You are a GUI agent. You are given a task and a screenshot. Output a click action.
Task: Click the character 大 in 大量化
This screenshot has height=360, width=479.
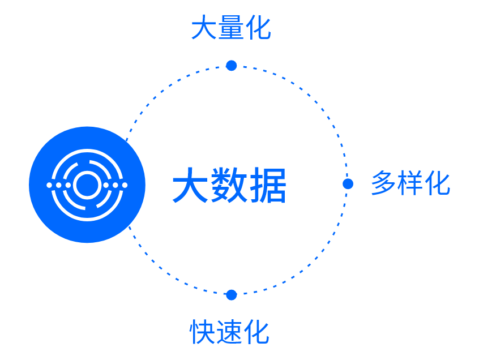point(203,28)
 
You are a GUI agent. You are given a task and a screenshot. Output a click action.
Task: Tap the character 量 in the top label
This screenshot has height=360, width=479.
point(230,28)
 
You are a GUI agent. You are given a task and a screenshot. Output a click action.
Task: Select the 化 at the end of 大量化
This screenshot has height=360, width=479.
point(258,28)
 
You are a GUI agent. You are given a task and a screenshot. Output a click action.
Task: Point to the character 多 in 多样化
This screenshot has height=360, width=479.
point(383,183)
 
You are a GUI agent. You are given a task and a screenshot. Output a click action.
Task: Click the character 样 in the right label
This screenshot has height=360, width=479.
point(410,183)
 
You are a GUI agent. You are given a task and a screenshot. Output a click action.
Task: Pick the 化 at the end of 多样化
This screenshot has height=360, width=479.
point(437,183)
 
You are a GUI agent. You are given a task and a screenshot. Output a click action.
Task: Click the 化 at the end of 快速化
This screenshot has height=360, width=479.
point(256,332)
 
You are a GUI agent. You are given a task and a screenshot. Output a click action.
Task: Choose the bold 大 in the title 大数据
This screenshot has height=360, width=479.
point(190,186)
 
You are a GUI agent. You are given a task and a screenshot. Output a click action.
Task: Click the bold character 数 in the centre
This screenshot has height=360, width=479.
point(229,186)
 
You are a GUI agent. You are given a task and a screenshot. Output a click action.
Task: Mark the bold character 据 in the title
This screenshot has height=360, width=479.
point(268,186)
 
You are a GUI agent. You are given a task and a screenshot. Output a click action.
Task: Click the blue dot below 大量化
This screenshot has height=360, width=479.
point(231,66)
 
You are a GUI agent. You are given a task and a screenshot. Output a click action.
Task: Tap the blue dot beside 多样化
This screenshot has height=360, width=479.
point(348,184)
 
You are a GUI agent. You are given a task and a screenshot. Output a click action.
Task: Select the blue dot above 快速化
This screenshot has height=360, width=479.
point(231,295)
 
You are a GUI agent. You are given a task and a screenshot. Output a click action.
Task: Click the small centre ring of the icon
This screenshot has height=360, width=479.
point(87,185)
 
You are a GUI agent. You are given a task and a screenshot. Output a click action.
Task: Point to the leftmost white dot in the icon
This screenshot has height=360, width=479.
point(49,185)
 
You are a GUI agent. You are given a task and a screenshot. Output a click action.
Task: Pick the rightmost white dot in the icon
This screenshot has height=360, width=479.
point(125,185)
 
